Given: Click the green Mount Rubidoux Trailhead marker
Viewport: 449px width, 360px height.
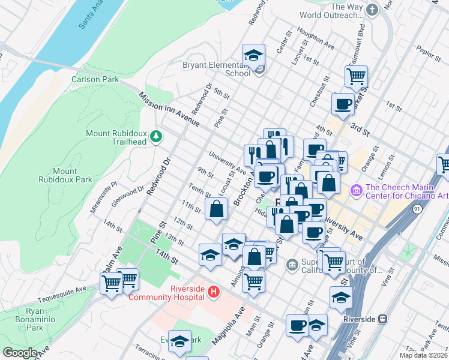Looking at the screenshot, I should [x=156, y=137].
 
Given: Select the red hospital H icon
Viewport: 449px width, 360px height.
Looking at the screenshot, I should [x=212, y=292].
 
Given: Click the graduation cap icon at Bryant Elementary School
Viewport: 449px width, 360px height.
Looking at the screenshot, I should [x=253, y=56].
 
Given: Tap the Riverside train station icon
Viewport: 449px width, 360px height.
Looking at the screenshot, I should [x=382, y=319].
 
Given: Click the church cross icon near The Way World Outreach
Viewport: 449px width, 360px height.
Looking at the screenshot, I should [x=372, y=10].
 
